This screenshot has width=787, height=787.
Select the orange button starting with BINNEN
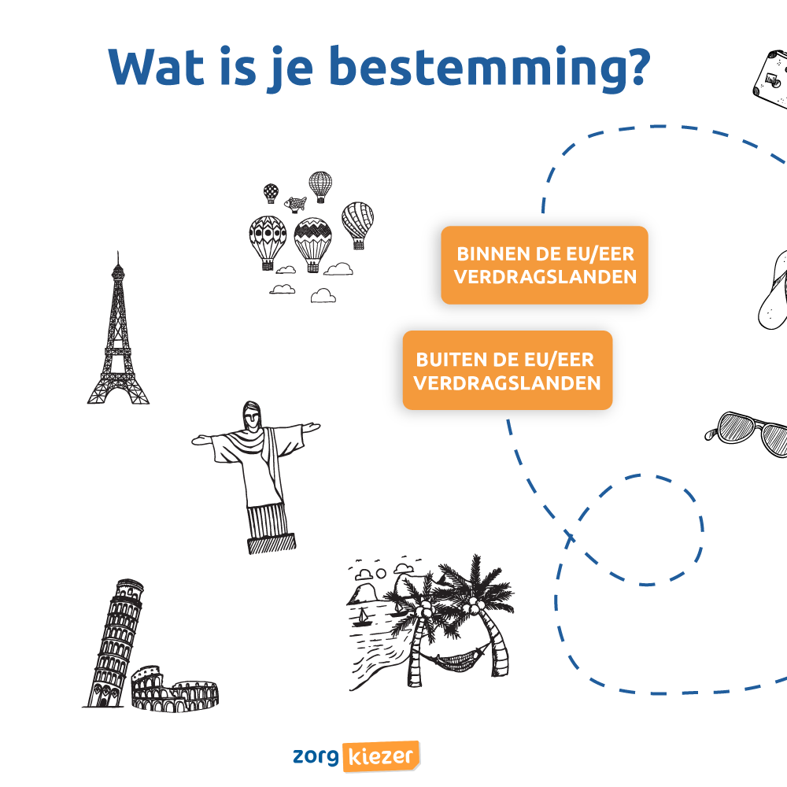point(545,265)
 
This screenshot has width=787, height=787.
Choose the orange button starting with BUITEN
point(508,371)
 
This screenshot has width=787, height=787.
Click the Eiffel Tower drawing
point(118,338)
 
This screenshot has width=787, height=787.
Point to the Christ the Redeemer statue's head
point(253,415)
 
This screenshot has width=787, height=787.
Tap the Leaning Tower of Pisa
point(114,641)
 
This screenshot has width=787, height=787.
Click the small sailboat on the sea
point(362,616)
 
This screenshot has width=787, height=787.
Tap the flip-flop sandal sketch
point(773,291)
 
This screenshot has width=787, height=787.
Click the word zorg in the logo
point(316,756)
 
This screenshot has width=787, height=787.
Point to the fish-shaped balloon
point(296,204)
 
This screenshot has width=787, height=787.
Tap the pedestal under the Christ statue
point(272,542)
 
